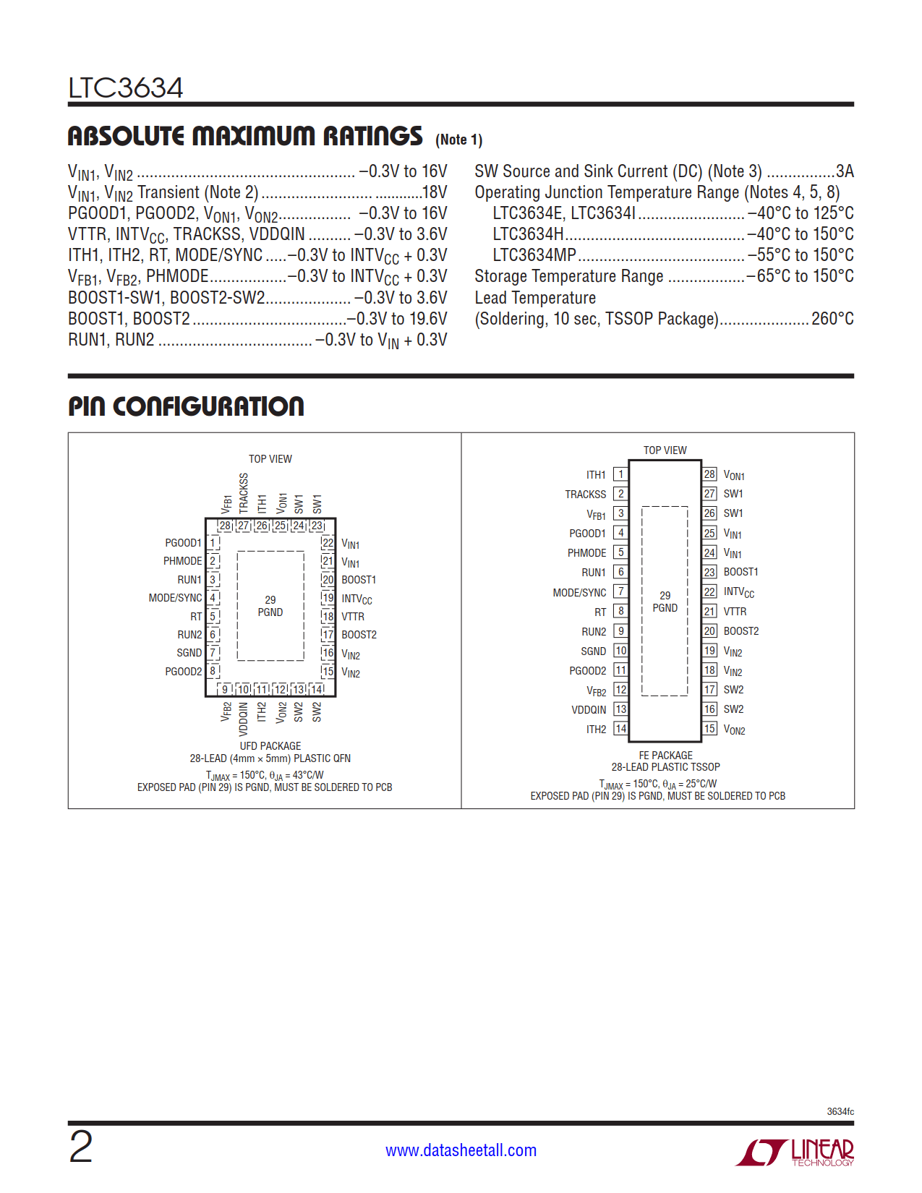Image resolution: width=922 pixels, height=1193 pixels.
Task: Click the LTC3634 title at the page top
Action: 126,88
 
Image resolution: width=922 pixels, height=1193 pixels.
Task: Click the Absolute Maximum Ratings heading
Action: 245,136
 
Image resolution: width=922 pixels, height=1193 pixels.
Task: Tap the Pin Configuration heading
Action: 186,406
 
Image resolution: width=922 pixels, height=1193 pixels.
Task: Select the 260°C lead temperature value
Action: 832,319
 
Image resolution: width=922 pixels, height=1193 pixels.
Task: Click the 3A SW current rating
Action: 845,171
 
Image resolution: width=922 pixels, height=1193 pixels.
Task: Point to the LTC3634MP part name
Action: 534,255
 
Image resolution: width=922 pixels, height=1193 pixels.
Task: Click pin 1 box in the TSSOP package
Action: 620,474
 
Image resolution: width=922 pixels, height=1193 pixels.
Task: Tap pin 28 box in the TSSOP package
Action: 709,474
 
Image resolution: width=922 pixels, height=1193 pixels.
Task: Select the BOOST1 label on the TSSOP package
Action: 740,572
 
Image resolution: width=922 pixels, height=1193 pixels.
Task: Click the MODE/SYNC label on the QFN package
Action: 175,598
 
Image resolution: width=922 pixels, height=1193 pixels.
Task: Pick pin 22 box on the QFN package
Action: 328,543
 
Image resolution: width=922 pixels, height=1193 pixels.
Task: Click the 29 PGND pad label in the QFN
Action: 270,606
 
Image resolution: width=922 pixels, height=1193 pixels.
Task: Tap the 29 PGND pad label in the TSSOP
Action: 665,602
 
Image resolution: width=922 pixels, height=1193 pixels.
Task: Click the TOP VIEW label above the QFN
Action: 270,459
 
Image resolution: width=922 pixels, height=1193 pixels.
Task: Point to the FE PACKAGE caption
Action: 665,756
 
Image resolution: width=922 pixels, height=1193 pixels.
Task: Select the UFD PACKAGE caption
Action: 270,746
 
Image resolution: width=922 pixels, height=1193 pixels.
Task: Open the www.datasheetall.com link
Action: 461,1150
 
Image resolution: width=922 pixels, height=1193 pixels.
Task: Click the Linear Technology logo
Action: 795,1152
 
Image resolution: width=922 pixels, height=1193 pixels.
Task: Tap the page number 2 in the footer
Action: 81,1147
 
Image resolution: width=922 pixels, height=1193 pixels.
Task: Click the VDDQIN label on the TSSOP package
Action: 589,710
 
